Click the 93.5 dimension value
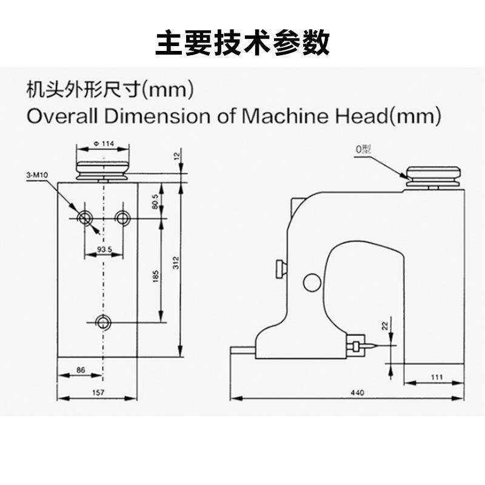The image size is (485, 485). click(x=104, y=249)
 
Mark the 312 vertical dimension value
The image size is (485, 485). click(x=176, y=262)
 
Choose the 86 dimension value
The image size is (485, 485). click(x=81, y=369)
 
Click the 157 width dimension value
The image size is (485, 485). click(x=98, y=393)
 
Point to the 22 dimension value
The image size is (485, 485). click(x=384, y=327)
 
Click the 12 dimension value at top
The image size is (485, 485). click(x=176, y=156)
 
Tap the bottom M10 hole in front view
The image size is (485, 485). click(x=104, y=322)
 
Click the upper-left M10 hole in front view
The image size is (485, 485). click(x=84, y=217)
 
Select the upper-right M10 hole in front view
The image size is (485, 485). click(x=123, y=217)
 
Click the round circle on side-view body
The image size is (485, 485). click(x=312, y=280)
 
